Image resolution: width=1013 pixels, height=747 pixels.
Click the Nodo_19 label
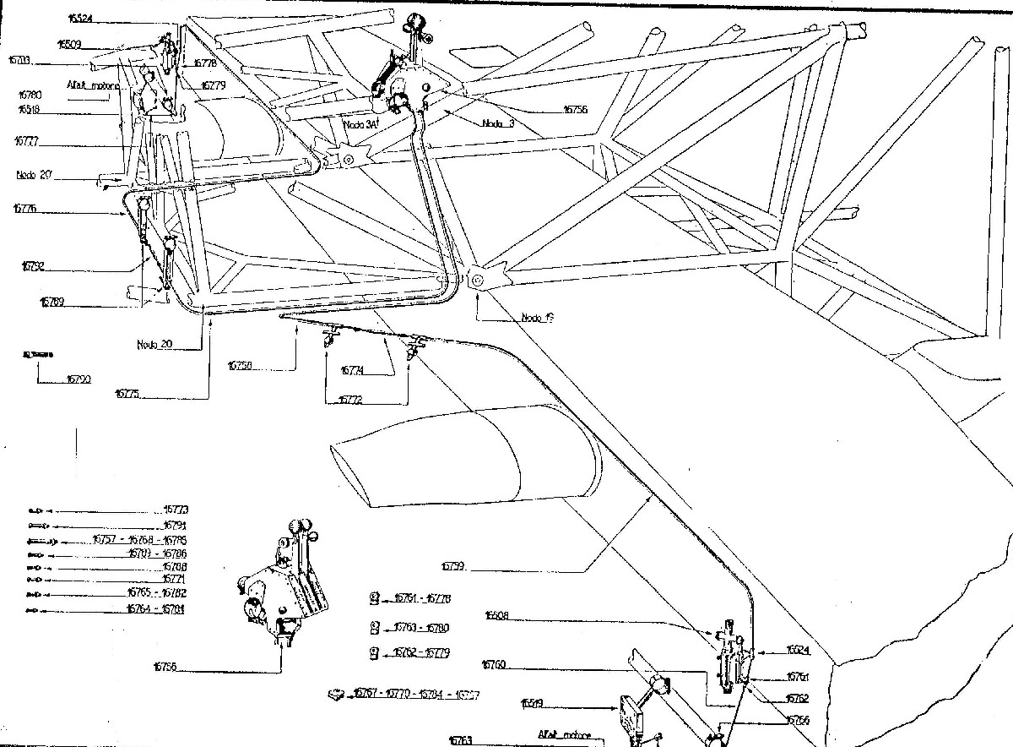(537, 318)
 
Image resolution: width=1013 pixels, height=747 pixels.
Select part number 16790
(78, 380)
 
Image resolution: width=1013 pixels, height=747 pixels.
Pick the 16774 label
(353, 370)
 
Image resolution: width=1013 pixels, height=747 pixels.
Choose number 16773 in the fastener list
(176, 510)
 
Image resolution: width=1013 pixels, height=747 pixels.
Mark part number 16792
(33, 265)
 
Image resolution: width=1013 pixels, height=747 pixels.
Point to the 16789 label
(52, 300)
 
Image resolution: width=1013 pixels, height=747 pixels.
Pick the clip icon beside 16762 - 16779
(374, 652)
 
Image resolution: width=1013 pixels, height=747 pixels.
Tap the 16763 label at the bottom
(461, 739)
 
